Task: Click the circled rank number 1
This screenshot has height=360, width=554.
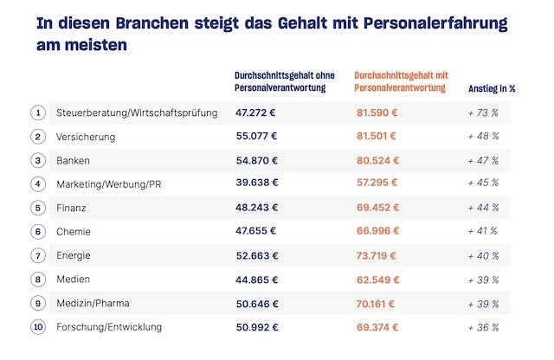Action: point(38,112)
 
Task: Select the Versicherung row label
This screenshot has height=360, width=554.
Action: point(86,137)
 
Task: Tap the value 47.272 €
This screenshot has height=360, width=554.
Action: point(256,112)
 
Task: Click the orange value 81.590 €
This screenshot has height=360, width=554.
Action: point(377,112)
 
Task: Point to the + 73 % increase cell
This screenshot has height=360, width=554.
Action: point(483,112)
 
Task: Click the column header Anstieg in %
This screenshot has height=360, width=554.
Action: point(492,87)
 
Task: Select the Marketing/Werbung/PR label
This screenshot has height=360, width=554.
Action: point(108,183)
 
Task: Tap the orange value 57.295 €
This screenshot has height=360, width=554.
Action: point(377,183)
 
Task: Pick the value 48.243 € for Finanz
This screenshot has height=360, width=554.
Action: point(256,208)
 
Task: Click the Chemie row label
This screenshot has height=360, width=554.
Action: point(74,231)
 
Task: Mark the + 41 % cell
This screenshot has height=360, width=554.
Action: point(483,231)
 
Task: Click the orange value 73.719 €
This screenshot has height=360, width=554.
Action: point(377,255)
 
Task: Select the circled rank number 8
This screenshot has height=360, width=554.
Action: point(38,279)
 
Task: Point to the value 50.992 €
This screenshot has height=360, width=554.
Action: point(256,326)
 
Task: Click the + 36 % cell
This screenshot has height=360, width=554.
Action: point(483,326)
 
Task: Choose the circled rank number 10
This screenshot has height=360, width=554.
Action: point(38,326)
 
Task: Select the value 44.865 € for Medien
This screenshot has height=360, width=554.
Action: point(256,279)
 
